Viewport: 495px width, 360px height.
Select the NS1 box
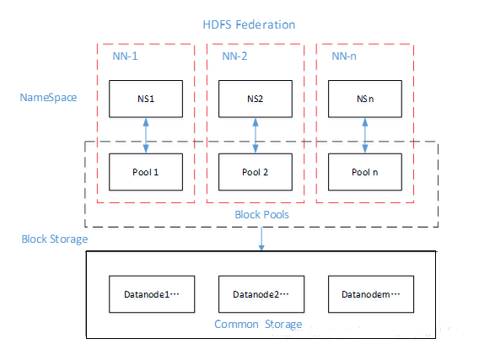click(x=146, y=99)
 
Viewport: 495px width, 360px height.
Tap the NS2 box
click(x=255, y=99)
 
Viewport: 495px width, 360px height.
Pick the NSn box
click(x=364, y=99)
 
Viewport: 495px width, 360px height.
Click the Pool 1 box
click(x=146, y=172)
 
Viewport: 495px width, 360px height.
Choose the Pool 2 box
click(x=255, y=172)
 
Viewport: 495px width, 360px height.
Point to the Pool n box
click(x=364, y=172)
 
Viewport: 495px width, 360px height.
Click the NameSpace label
click(x=48, y=98)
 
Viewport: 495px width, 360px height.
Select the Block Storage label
click(x=54, y=239)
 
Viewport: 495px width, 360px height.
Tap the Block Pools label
click(x=261, y=216)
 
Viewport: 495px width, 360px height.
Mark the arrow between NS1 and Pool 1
click(x=146, y=135)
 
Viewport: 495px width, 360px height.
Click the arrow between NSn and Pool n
click(x=364, y=135)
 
